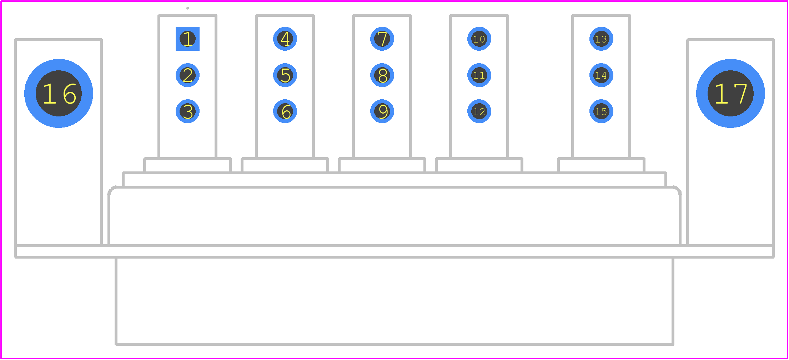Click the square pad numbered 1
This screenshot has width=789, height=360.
pos(187,39)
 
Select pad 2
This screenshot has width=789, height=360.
pos(187,75)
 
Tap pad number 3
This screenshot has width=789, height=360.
pos(187,111)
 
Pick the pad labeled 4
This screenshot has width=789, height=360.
pos(285,39)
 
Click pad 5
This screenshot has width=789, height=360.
pos(285,75)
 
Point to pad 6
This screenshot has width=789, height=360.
pos(285,111)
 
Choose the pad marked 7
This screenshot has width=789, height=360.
pos(382,39)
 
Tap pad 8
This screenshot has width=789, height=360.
pos(382,75)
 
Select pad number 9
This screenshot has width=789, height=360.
pos(382,111)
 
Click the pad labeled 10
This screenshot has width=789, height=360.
pos(479,39)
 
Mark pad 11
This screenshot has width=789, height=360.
pos(479,75)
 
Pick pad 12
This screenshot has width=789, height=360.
pos(479,111)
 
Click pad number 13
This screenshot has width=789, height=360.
pos(601,39)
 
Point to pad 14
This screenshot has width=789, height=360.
pos(601,75)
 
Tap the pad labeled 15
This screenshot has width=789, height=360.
pos(601,111)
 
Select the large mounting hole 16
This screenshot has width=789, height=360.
pos(59,93)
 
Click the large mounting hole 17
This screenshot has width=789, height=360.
pos(730,93)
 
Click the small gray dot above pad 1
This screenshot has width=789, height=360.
pos(187,8)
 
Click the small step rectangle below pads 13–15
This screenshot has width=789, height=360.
pos(601,158)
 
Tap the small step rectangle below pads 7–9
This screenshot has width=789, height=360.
pos(382,158)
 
